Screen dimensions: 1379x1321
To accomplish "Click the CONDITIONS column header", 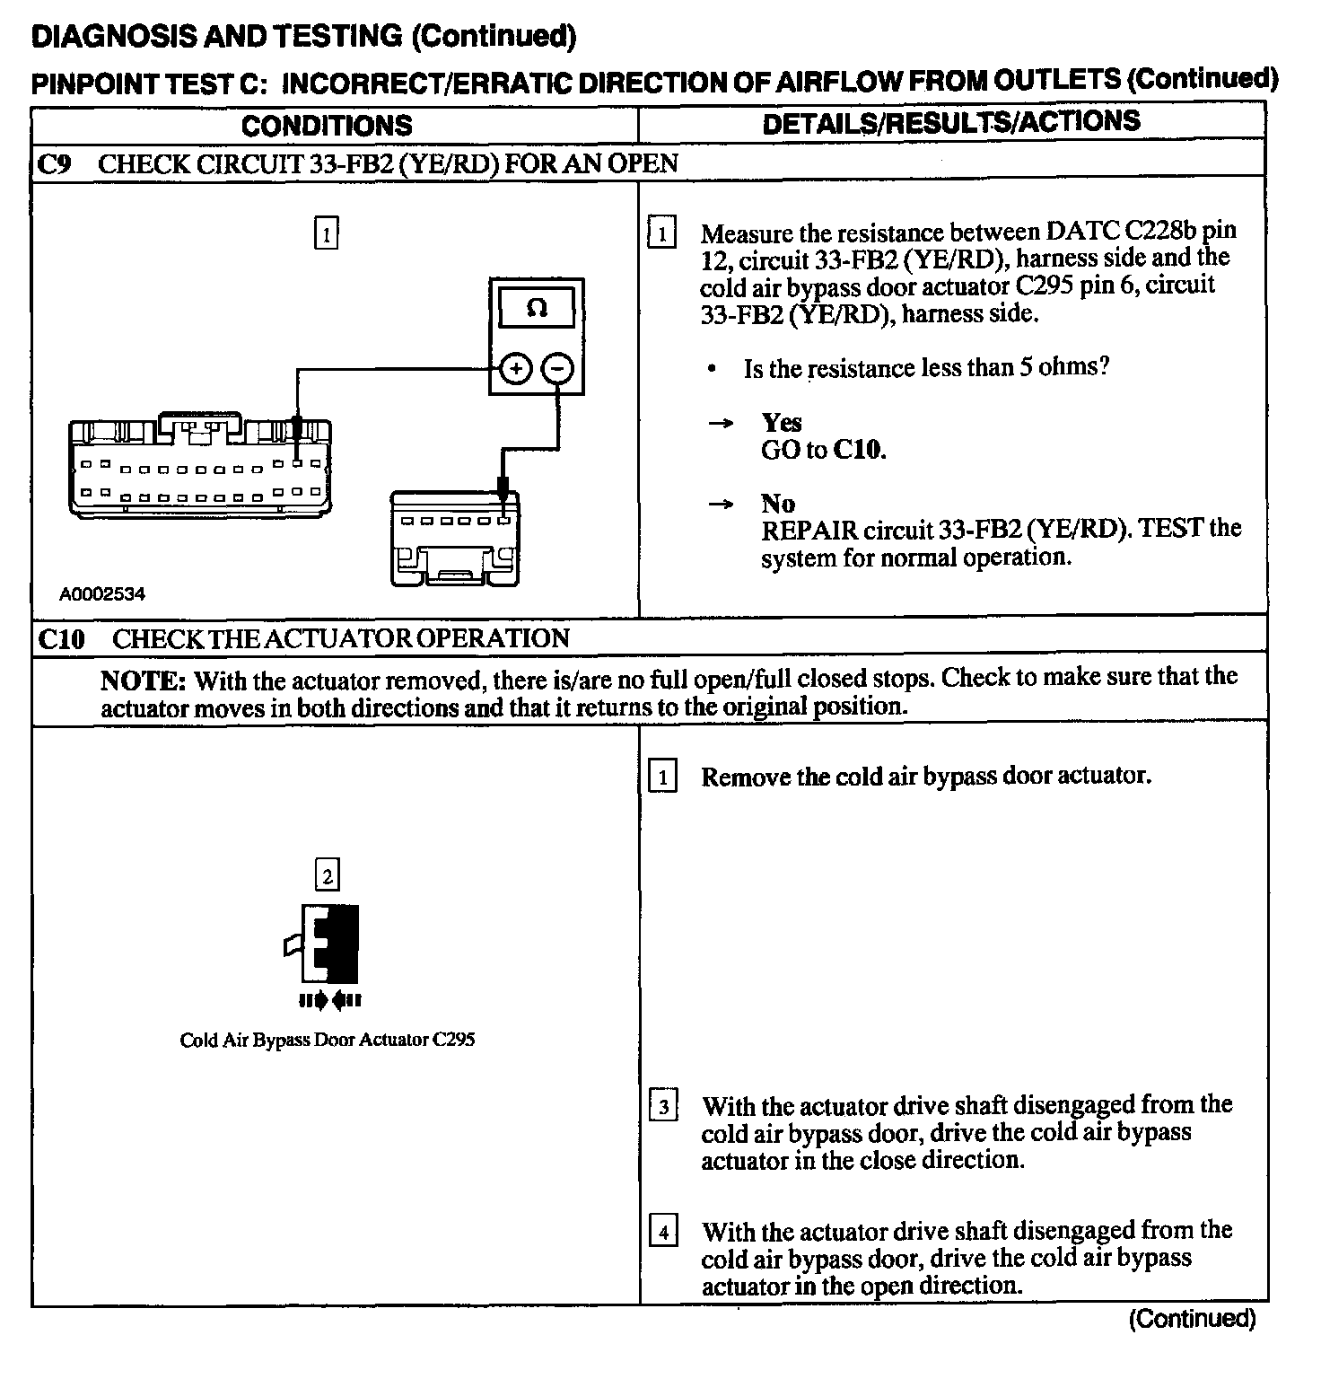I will [x=327, y=125].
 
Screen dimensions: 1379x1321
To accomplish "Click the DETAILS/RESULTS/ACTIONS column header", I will [x=951, y=122].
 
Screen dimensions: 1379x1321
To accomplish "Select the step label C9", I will [x=57, y=164].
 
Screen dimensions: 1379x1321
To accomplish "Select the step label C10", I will [x=62, y=639].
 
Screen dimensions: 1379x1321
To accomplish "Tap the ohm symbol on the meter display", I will [x=537, y=308].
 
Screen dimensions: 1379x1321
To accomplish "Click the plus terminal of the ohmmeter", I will [x=515, y=368].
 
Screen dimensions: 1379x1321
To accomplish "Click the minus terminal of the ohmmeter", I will [x=558, y=368].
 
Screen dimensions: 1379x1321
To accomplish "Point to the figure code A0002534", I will [x=102, y=594].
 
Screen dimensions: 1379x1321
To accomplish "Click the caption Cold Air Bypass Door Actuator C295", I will [x=327, y=1041].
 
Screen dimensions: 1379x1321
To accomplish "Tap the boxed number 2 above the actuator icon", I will [x=327, y=874].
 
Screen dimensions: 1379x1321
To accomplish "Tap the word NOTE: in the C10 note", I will [x=143, y=681].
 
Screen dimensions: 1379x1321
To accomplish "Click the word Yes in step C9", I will [x=781, y=422].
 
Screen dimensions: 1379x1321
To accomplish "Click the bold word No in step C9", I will [x=777, y=503].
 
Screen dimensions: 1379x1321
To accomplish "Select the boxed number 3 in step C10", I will [x=663, y=1106].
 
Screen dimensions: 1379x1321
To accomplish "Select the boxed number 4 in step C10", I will [x=663, y=1232].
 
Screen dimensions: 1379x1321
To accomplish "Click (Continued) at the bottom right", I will [x=1192, y=1318].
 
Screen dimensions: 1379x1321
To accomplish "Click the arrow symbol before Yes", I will [x=721, y=423].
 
